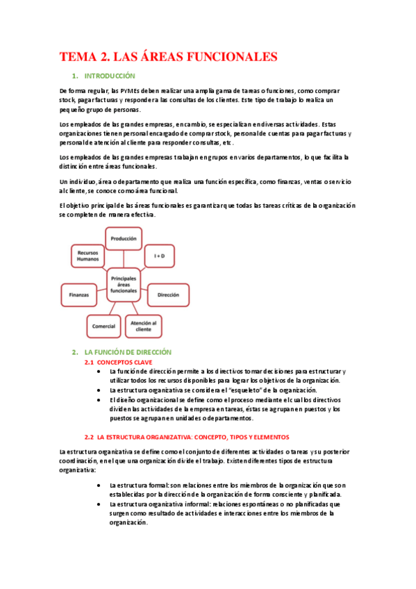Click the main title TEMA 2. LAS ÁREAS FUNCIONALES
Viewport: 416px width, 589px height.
point(168,56)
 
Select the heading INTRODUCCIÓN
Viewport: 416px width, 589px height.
point(109,76)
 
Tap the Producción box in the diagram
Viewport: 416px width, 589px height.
point(124,238)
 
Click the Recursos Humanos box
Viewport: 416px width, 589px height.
point(88,255)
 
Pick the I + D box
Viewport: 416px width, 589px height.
point(159,256)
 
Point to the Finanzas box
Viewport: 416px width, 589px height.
point(78,294)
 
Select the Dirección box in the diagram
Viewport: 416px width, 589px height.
point(168,294)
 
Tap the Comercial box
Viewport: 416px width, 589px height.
point(103,324)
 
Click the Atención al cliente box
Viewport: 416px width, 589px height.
point(143,324)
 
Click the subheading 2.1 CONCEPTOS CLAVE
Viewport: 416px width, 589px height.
point(118,362)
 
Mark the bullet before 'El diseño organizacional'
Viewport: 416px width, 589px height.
point(103,400)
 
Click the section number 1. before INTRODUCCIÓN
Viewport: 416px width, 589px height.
point(74,76)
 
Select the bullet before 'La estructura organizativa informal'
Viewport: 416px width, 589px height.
point(103,504)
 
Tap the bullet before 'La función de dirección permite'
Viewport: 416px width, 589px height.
point(103,372)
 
